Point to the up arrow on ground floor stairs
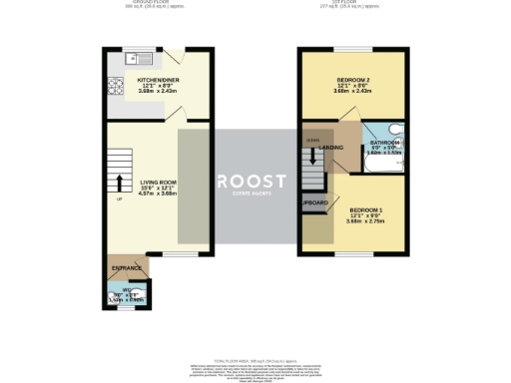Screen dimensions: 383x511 [x=120, y=183]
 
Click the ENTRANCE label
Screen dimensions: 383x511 [x=127, y=269]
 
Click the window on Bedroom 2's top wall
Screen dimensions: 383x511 [x=354, y=49]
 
